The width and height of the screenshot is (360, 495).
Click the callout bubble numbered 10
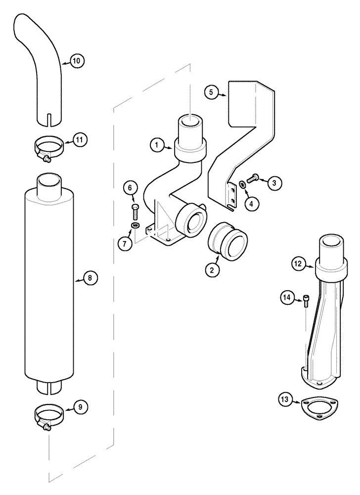click(x=76, y=61)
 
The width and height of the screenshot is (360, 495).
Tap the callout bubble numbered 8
click(x=90, y=278)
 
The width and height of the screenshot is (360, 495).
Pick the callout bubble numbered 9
click(x=81, y=406)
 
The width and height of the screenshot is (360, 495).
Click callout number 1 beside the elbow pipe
click(x=157, y=145)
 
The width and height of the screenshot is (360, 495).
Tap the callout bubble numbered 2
click(x=212, y=270)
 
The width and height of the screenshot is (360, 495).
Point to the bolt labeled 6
click(x=135, y=209)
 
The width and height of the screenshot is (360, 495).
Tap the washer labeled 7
click(x=134, y=226)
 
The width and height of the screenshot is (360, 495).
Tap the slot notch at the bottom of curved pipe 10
click(x=49, y=119)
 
